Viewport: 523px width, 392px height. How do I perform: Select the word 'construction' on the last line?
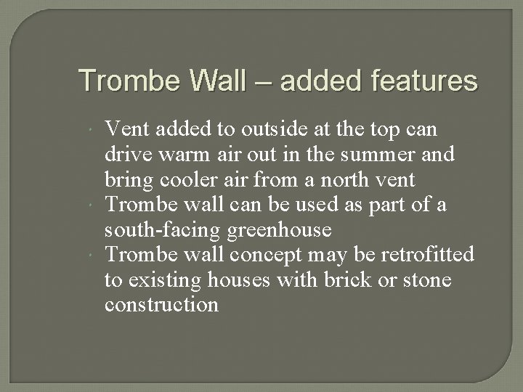(x=161, y=305)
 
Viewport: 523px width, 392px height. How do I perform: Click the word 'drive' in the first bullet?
(x=126, y=155)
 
